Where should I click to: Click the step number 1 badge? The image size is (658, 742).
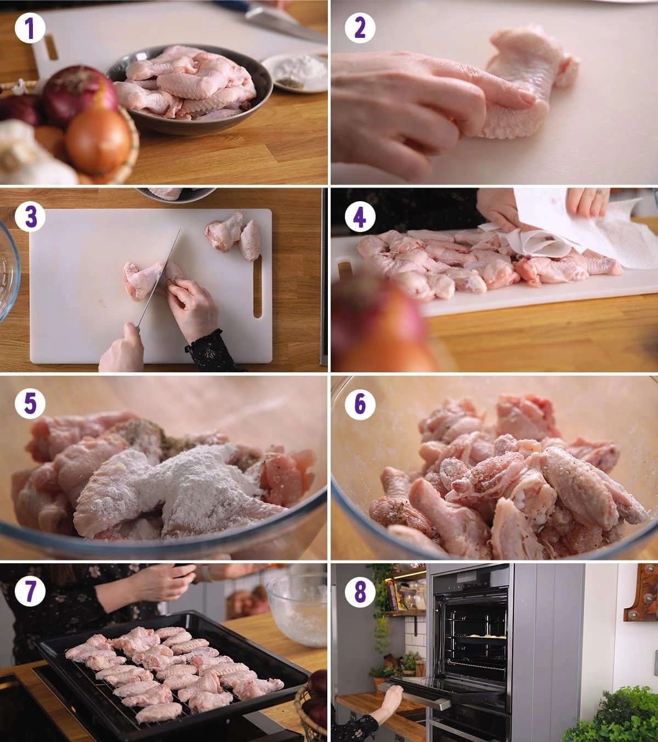point(30,28)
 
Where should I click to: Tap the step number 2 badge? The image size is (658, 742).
point(360,28)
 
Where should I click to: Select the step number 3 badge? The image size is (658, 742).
point(30,217)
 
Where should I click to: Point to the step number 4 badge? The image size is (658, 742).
point(360,217)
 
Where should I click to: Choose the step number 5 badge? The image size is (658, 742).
point(30,404)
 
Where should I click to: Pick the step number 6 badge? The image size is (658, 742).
point(360,404)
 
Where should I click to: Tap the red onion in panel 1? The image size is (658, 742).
point(79,96)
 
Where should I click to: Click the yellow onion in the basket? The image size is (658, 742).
point(99,140)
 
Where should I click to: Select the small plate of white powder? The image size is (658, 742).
point(295,72)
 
